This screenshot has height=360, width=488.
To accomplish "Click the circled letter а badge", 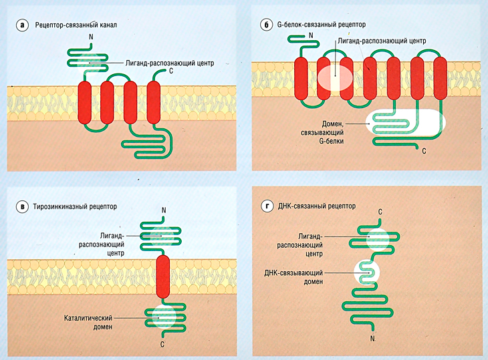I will pos(23,26).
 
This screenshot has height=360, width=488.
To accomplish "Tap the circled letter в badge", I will pos(23,206).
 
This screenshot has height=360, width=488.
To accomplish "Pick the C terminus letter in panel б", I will pos(424,152).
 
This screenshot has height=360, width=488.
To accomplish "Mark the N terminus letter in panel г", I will pos(372,339).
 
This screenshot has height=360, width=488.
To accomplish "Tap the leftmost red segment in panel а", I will pos(86,103).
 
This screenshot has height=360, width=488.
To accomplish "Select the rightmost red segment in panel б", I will pos(440,78).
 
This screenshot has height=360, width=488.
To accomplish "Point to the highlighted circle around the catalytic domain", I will pos(164,317).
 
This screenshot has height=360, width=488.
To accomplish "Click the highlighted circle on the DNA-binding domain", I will pos(366,271).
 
